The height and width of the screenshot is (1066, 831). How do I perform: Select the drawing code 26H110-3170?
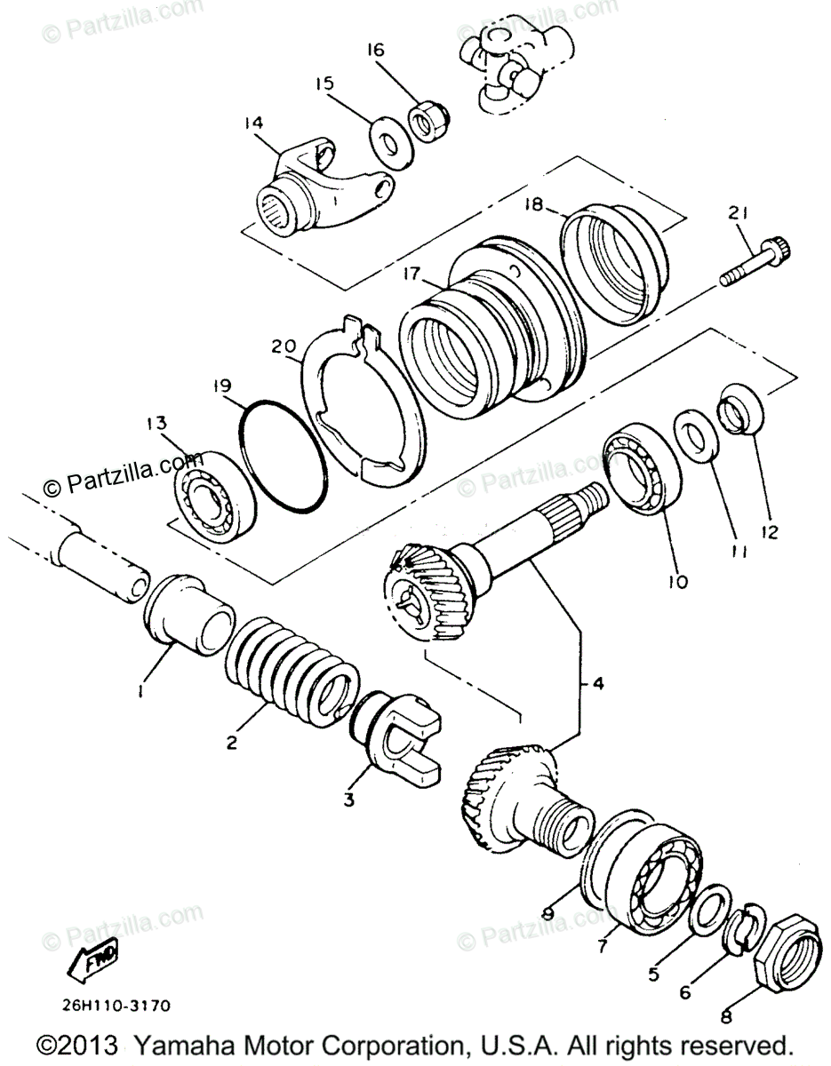tap(116, 1006)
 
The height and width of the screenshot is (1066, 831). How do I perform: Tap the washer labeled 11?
tap(696, 432)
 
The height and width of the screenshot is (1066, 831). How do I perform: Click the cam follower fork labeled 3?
tap(394, 735)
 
